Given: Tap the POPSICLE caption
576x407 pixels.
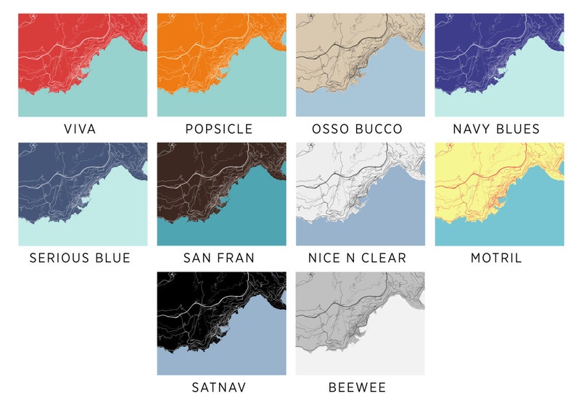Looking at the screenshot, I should pyautogui.click(x=219, y=130).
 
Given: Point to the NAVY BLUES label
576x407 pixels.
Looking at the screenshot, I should pyautogui.click(x=496, y=130).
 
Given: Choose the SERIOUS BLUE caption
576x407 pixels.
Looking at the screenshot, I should pyautogui.click(x=80, y=259).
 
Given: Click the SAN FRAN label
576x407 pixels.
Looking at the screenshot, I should pyautogui.click(x=219, y=259).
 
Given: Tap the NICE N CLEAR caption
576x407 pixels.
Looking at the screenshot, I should pyautogui.click(x=357, y=259).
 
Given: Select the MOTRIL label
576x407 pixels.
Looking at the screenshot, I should pyautogui.click(x=496, y=259).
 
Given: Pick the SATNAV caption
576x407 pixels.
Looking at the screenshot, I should pyautogui.click(x=219, y=387).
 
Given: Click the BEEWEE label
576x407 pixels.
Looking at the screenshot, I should pyautogui.click(x=357, y=387).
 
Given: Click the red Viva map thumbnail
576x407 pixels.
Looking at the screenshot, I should pyautogui.click(x=83, y=65).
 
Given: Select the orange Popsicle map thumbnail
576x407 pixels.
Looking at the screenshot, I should pyautogui.click(x=221, y=65).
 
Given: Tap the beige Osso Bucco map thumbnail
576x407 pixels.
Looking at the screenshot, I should pyautogui.click(x=360, y=65).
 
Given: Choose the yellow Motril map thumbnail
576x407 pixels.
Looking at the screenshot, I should pyautogui.click(x=499, y=194).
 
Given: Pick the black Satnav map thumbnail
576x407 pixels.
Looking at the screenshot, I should pyautogui.click(x=221, y=323).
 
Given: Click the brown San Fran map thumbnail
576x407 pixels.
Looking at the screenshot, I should pyautogui.click(x=221, y=194).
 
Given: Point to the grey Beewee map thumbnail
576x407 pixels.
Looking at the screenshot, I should pyautogui.click(x=360, y=323).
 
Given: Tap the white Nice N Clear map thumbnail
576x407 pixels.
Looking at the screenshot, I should pyautogui.click(x=360, y=194).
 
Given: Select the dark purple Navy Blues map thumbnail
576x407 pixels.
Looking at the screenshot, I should pyautogui.click(x=499, y=65).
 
